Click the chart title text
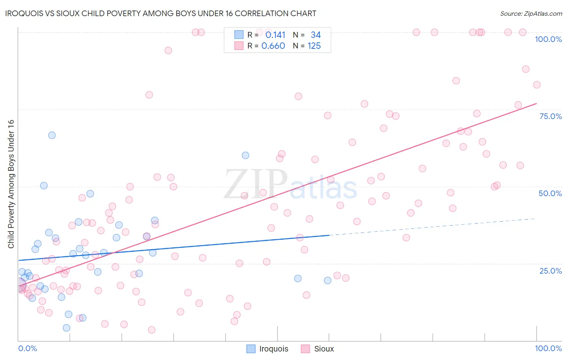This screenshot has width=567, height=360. click(x=161, y=13)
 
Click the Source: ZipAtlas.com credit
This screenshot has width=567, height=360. click(x=531, y=13)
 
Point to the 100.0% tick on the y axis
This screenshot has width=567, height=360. click(x=548, y=39)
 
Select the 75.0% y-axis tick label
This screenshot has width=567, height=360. click(x=550, y=116)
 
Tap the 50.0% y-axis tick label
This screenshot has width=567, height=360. click(x=550, y=193)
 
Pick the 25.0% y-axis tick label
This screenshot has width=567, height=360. click(x=550, y=271)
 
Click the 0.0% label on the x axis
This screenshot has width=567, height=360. click(x=27, y=348)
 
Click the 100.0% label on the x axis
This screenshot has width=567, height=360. click(x=548, y=348)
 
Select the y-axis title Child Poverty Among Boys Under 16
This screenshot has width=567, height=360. click(x=11, y=184)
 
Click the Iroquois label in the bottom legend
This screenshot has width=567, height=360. click(x=273, y=349)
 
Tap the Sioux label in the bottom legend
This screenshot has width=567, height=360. click(x=324, y=349)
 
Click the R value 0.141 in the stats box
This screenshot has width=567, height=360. click(x=275, y=35)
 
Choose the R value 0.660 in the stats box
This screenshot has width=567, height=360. click(x=273, y=46)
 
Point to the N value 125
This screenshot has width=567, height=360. click(x=314, y=46)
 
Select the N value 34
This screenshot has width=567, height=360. click(x=315, y=35)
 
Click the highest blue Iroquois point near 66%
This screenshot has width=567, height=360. click(x=52, y=135)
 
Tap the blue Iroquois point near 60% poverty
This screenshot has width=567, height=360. click(x=245, y=155)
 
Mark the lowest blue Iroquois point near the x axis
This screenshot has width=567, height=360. click(x=67, y=328)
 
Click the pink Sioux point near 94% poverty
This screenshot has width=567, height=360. click(x=168, y=50)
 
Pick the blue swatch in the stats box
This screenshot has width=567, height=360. click(x=239, y=35)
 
